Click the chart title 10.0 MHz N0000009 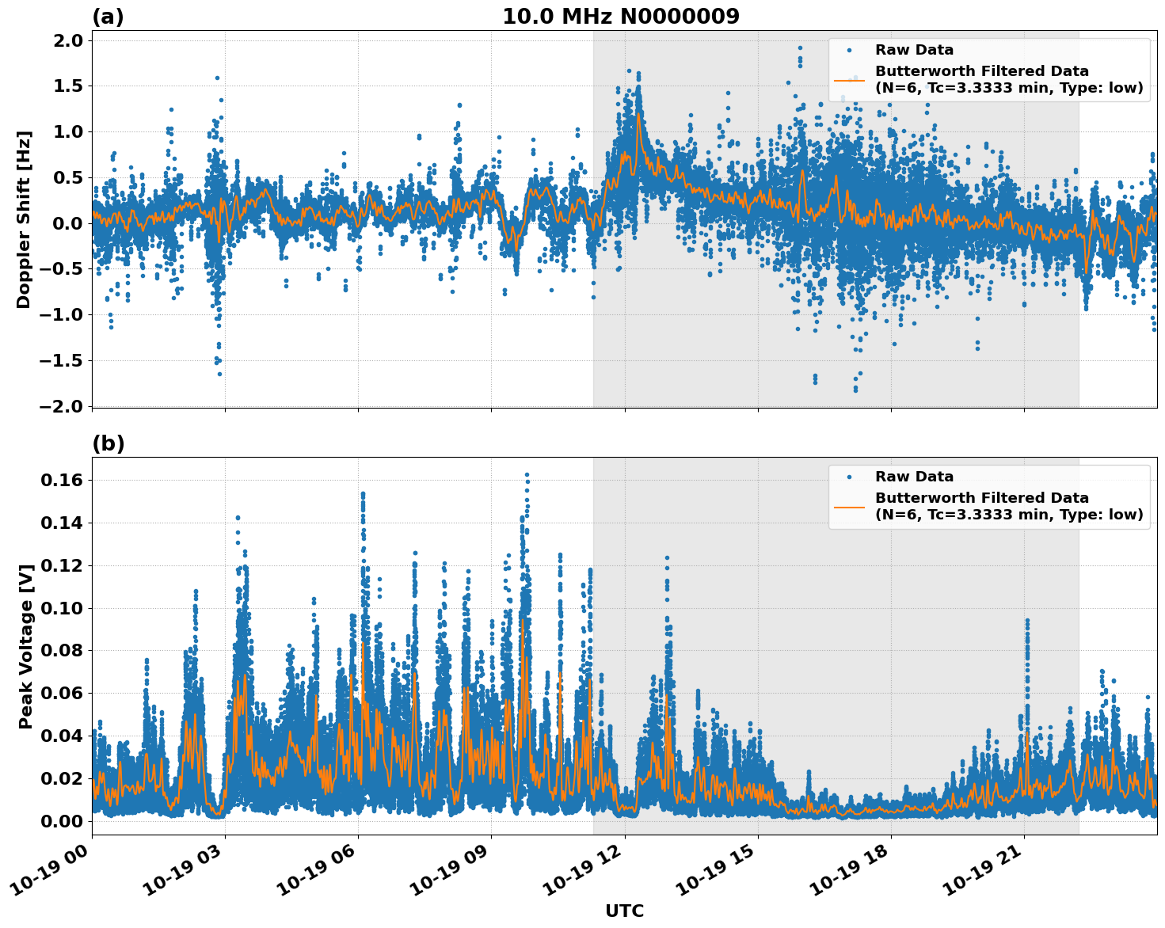click(620, 17)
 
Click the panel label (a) click(108, 17)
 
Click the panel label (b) click(109, 443)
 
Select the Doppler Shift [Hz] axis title click(24, 219)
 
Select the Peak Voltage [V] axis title click(26, 646)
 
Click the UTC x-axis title click(624, 911)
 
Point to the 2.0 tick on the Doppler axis click(67, 41)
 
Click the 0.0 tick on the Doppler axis click(67, 223)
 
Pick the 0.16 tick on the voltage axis click(63, 481)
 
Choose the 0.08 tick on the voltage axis click(63, 651)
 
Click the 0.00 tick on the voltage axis click(63, 821)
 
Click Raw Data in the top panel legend click(914, 50)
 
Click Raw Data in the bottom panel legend click(914, 477)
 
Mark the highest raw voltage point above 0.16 click(527, 475)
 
